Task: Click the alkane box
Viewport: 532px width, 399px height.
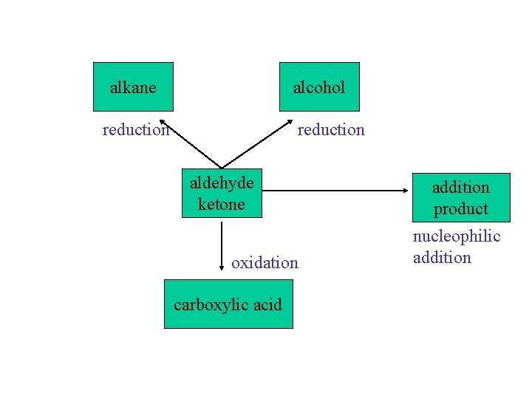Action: [x=133, y=87]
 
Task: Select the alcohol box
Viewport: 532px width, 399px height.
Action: [x=319, y=87]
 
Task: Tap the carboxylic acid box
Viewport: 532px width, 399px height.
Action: [x=228, y=304]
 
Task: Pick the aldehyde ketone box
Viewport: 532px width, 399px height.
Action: [x=222, y=193]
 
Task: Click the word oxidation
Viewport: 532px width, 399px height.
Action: [x=265, y=262]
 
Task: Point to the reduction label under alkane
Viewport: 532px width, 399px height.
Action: [x=136, y=130]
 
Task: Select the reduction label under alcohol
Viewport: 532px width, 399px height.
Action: [x=331, y=130]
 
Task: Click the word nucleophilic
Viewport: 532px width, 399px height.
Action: [x=456, y=236]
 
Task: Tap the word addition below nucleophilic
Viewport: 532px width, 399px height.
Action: [x=442, y=257]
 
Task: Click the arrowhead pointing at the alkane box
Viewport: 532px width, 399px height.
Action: [x=163, y=121]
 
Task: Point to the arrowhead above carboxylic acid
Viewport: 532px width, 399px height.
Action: [x=222, y=269]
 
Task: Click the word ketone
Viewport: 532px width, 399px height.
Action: [x=221, y=203]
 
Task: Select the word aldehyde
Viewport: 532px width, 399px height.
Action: [x=222, y=183]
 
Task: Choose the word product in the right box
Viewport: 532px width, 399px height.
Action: [x=461, y=208]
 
